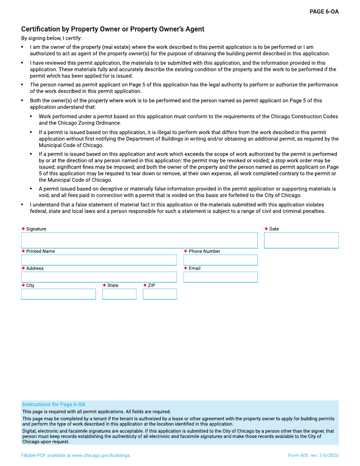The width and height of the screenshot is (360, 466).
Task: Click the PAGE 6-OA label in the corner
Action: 324,12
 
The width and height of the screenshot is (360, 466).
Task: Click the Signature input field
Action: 139,240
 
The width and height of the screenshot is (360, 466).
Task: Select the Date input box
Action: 301,240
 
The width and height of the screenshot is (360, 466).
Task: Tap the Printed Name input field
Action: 99,260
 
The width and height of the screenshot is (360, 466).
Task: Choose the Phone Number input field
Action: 220,260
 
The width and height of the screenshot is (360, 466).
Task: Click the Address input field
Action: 99,277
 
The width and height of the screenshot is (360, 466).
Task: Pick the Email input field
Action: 220,277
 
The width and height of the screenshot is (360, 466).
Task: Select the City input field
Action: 58,294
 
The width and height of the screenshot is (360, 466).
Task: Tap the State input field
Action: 119,294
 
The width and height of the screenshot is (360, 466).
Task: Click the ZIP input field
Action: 160,294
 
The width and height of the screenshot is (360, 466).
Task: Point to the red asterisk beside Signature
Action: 23,229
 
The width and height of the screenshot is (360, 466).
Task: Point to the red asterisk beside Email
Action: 186,268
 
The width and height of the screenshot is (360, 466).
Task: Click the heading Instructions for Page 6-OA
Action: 54,404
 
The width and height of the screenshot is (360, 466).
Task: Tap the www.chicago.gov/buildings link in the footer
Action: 101,455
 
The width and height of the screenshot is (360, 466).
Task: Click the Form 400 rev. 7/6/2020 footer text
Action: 313,455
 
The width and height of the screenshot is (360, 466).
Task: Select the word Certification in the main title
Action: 41,29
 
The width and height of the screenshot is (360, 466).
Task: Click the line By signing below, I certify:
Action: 51,38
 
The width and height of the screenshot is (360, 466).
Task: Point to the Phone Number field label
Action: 204,251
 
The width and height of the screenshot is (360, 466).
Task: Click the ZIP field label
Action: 152,285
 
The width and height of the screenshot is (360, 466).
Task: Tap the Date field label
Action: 274,229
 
